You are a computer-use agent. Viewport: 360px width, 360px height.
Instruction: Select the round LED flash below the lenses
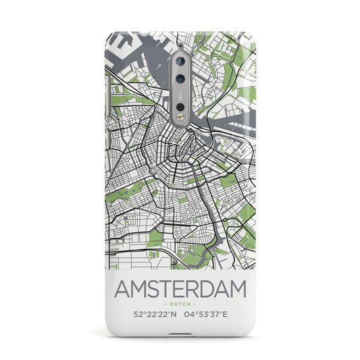(180, 107)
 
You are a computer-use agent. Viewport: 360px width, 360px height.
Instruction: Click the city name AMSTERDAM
(180, 272)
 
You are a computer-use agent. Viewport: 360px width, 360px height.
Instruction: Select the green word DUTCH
(180, 286)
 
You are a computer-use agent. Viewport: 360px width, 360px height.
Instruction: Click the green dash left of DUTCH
(165, 286)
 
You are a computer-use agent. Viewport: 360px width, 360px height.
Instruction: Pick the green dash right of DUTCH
(195, 286)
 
